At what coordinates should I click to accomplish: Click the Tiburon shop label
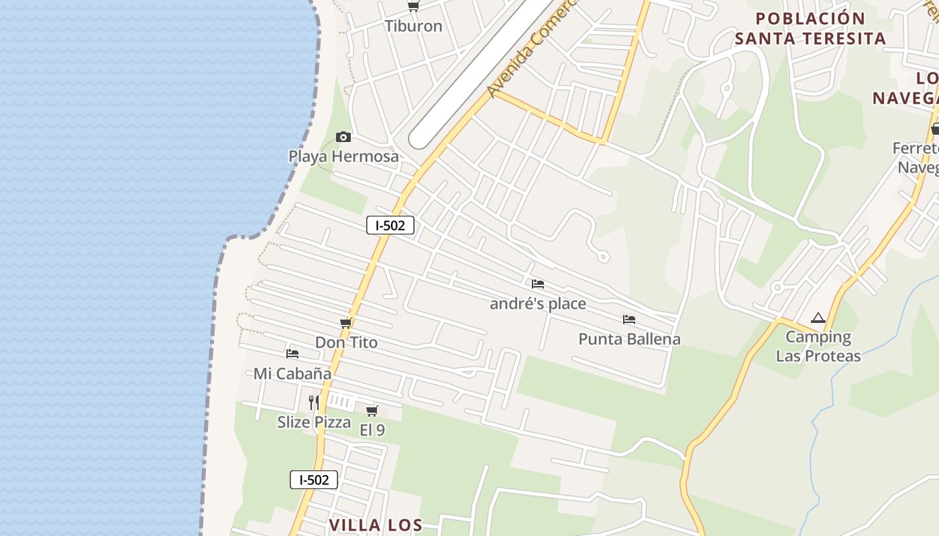tap(413, 26)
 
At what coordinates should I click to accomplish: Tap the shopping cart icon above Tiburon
tap(413, 7)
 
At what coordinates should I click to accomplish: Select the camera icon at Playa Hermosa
tap(343, 137)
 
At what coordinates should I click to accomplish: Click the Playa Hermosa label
tap(343, 156)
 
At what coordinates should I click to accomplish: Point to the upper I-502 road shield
tap(390, 225)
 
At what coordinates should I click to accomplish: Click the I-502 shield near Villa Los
tap(314, 480)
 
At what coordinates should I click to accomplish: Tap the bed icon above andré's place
tap(537, 284)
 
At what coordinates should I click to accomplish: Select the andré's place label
tap(538, 304)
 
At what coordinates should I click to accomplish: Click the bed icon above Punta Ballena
tap(629, 320)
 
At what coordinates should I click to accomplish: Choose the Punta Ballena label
tap(629, 339)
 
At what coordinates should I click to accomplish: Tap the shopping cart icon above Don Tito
tap(346, 324)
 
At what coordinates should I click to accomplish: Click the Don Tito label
tap(346, 342)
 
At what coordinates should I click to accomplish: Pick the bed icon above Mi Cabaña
tap(292, 354)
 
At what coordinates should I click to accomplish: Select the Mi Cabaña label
tap(292, 373)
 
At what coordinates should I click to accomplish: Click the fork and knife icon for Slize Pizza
tap(313, 402)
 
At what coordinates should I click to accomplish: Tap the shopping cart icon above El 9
tap(372, 411)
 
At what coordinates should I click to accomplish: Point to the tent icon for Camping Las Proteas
tap(818, 318)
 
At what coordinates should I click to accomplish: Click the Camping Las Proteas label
tap(818, 346)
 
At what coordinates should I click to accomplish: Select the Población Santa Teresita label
tap(810, 28)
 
